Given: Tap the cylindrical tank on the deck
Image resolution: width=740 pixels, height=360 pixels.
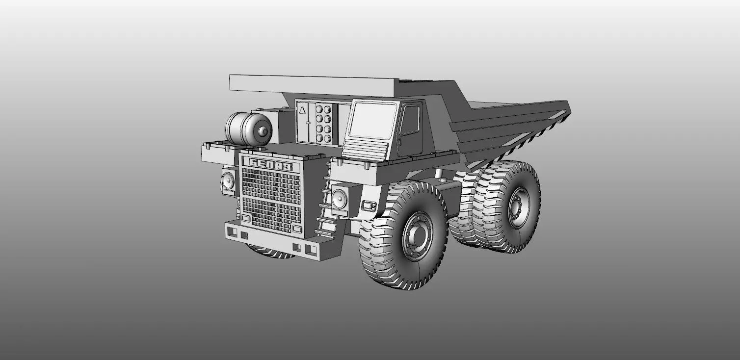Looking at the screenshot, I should (245, 129).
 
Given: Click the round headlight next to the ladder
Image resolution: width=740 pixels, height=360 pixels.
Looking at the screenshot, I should (339, 198).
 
